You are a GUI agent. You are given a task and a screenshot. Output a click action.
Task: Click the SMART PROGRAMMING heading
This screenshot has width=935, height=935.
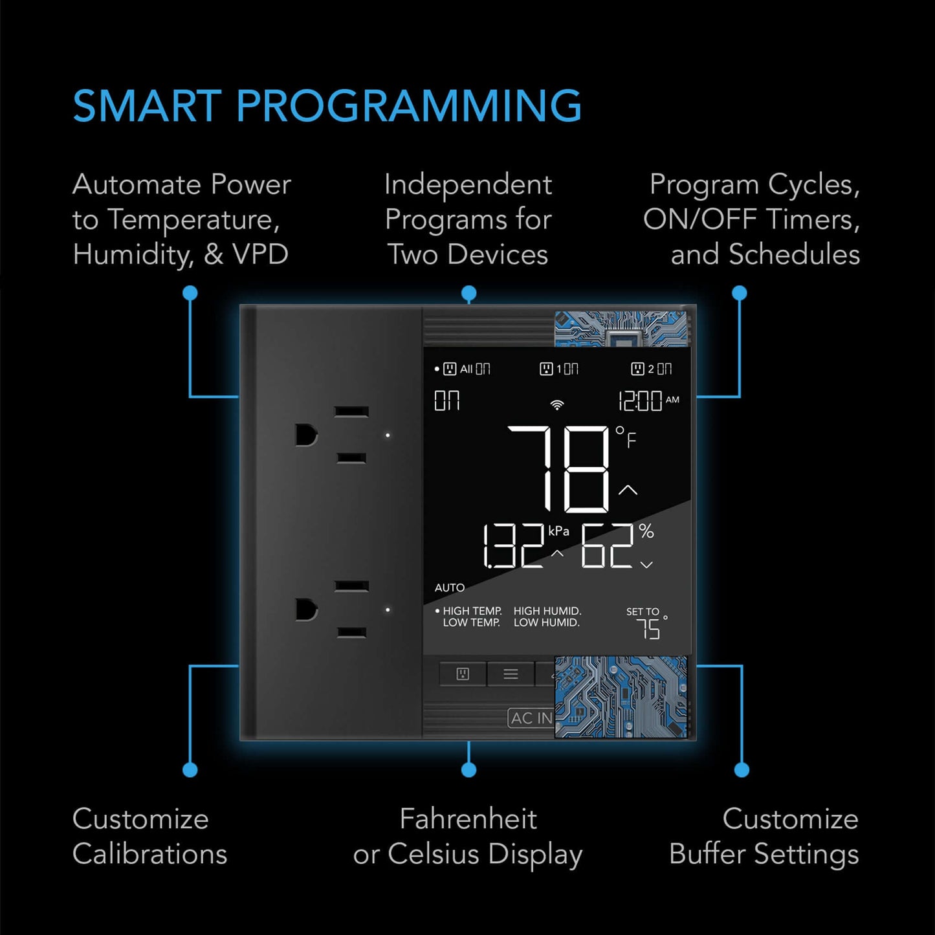[x=327, y=106]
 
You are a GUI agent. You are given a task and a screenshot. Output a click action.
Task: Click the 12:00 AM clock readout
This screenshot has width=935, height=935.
[x=648, y=401]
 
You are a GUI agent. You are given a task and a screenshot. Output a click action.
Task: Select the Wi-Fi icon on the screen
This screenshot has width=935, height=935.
[x=556, y=405]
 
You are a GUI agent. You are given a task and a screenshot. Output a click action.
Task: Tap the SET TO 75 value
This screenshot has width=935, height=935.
[x=647, y=628]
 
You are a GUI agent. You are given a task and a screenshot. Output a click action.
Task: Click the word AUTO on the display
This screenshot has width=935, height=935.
[x=449, y=588]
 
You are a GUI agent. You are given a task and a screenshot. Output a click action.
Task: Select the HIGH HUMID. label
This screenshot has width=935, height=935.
[x=547, y=611]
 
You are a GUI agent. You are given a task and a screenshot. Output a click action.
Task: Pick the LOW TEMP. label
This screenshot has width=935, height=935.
[x=472, y=622]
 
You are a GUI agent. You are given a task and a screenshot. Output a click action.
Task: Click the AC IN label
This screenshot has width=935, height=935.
[x=531, y=718]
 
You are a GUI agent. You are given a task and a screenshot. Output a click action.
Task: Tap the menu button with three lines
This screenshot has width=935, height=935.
[x=511, y=674]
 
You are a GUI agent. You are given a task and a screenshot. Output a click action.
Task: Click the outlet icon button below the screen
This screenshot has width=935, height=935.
[x=463, y=674]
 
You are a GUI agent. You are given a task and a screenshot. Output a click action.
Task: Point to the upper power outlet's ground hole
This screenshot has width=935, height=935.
[x=305, y=435]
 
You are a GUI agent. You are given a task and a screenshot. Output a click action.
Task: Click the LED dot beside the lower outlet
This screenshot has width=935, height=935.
[x=388, y=610]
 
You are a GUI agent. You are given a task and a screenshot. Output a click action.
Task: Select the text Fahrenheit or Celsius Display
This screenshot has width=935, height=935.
[x=468, y=836]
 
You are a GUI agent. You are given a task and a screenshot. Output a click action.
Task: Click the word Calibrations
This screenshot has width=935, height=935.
[x=149, y=853]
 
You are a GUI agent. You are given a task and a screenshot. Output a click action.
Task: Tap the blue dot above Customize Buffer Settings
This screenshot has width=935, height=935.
[x=742, y=770]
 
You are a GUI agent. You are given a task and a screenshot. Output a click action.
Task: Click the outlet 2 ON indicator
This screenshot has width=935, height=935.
[x=652, y=369]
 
